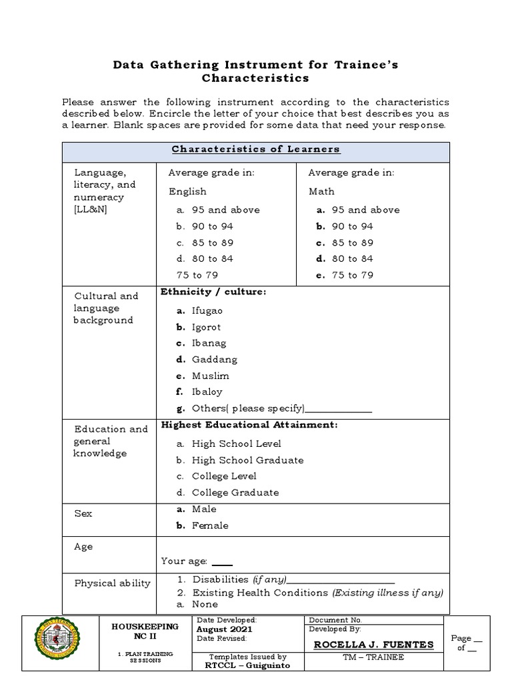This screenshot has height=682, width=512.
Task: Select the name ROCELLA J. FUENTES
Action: (x=373, y=645)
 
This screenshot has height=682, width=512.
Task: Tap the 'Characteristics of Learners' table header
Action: (x=256, y=149)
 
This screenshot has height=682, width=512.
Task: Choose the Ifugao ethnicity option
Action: (x=207, y=311)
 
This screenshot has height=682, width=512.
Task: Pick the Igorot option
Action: (x=206, y=327)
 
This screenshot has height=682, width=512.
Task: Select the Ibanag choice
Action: (x=209, y=344)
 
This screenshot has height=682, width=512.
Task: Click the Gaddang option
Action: (x=214, y=360)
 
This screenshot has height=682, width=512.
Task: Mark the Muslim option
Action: (x=210, y=376)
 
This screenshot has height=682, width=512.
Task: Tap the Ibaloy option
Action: (x=207, y=392)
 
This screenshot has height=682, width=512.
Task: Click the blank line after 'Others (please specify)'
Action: (x=338, y=410)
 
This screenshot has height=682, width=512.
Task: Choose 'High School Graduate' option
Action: (x=247, y=460)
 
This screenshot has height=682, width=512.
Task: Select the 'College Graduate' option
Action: (x=235, y=493)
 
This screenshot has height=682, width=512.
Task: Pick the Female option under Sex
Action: (x=210, y=525)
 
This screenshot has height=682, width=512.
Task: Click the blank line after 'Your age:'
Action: (x=222, y=563)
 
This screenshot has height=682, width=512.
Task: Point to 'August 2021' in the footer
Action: (x=219, y=629)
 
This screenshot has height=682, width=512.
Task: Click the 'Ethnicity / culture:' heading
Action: (x=213, y=292)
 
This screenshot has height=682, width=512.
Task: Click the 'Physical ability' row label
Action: (x=112, y=583)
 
